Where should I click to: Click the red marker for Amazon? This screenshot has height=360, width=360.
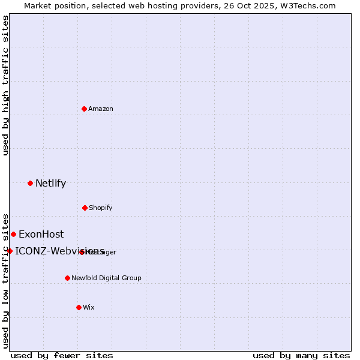click(84, 109)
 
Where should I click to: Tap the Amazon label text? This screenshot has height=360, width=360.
click(101, 109)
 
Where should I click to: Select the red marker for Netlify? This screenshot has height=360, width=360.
click(30, 183)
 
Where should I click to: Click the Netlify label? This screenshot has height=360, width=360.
click(50, 184)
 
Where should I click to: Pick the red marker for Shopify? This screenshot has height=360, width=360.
click(85, 208)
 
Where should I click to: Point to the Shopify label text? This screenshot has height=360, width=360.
click(101, 208)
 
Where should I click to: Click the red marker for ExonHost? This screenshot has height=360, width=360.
click(13, 234)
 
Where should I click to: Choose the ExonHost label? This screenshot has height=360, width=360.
click(41, 235)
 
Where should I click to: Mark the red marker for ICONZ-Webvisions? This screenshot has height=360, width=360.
click(10, 251)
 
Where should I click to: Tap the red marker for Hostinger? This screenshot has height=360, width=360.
click(82, 252)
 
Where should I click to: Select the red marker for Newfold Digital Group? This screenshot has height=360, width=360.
click(67, 278)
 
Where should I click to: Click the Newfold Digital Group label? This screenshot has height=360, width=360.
click(107, 278)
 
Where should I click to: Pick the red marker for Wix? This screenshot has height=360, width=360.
click(79, 307)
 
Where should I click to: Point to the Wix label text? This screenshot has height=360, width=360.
click(89, 308)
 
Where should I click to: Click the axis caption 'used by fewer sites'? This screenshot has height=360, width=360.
click(62, 356)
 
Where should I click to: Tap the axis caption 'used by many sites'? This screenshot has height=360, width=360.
click(301, 356)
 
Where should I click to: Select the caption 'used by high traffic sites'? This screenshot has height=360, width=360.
click(6, 85)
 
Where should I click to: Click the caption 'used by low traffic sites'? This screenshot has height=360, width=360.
click(6, 280)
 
